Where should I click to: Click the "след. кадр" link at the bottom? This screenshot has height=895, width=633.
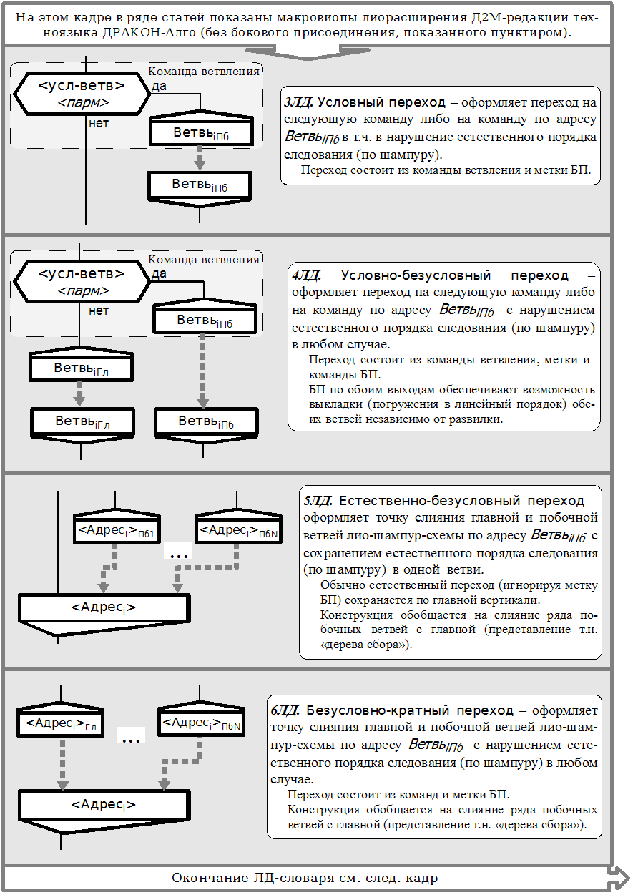(x=401, y=878)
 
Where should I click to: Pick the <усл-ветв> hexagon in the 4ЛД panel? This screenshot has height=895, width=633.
(x=81, y=281)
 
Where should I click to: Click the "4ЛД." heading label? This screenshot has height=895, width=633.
(x=308, y=275)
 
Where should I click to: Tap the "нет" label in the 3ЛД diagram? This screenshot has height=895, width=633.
(x=99, y=123)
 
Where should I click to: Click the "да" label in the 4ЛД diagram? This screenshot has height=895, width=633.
(x=160, y=273)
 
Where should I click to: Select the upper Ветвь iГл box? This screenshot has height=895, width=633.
(x=81, y=369)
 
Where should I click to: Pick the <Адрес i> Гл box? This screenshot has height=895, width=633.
(x=62, y=723)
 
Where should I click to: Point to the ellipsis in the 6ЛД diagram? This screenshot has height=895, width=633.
(x=130, y=737)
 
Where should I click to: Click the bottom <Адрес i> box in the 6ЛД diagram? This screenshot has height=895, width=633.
(x=104, y=805)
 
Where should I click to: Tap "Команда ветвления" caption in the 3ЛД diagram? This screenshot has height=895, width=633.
(x=204, y=72)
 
